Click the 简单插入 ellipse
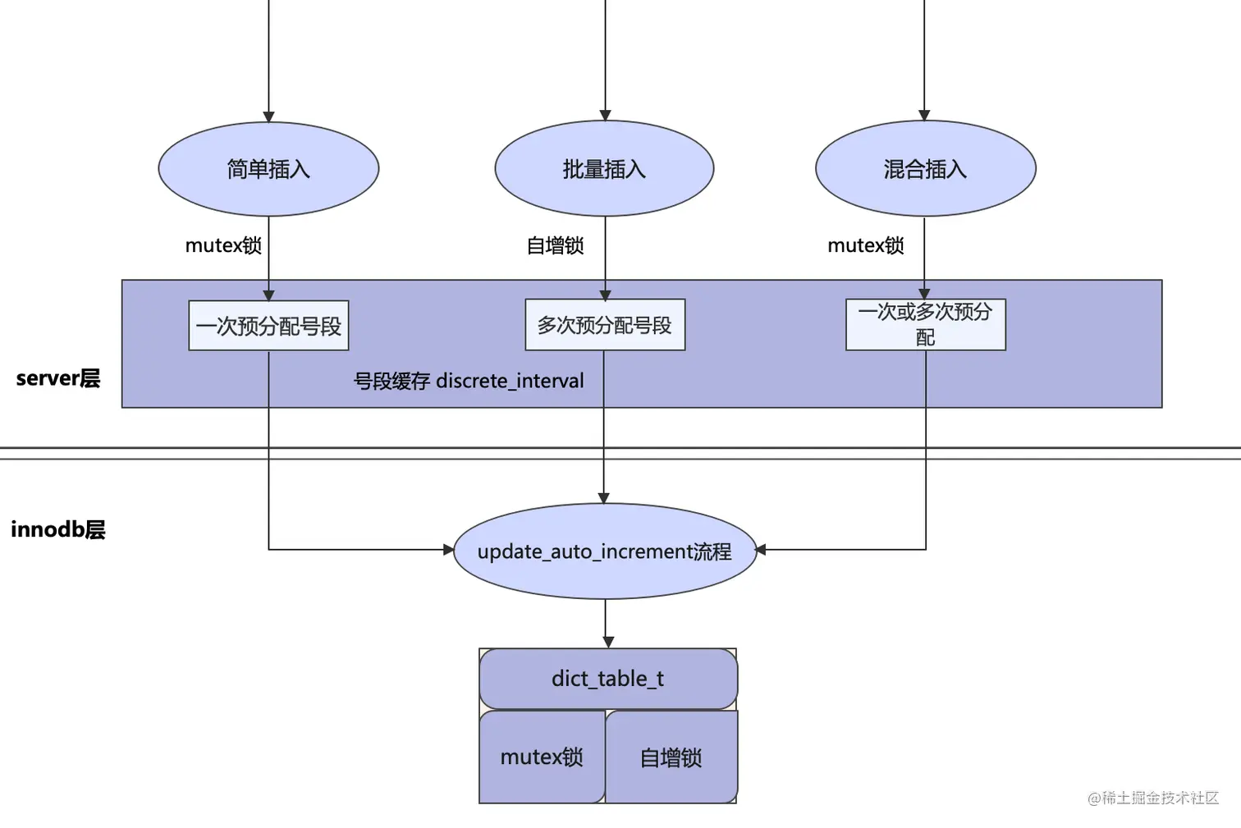point(268,169)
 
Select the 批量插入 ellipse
point(604,169)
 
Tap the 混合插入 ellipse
point(925,169)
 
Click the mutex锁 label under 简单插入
point(223,245)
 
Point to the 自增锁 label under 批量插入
point(555,245)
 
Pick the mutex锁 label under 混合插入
point(865,245)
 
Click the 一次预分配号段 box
point(268,326)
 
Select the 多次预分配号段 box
point(604,325)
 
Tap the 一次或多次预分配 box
point(925,325)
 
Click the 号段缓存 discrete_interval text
point(469,381)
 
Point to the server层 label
point(57,378)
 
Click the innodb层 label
point(57,529)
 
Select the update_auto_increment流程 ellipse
point(604,551)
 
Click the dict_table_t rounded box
point(607,679)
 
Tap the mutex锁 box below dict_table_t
point(542,757)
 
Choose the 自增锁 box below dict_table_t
point(671,757)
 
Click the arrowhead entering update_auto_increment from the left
point(448,550)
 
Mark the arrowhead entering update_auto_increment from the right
point(761,550)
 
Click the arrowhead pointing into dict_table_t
point(608,642)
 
